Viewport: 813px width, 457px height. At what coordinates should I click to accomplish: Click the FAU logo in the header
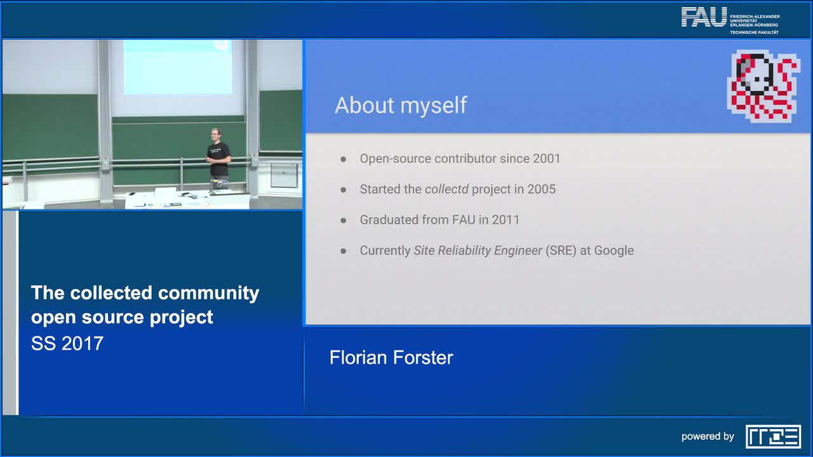click(704, 17)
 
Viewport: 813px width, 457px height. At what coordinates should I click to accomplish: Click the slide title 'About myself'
click(401, 105)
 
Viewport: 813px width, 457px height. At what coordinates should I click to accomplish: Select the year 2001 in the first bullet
click(546, 159)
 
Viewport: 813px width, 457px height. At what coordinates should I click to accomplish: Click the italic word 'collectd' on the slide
click(447, 189)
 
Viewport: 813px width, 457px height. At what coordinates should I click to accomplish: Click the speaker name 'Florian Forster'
click(391, 357)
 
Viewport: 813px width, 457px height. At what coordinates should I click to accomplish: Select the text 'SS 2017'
click(67, 343)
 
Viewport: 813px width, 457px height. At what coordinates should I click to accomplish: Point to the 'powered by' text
click(708, 437)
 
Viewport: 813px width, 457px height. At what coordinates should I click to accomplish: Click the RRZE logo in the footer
click(773, 437)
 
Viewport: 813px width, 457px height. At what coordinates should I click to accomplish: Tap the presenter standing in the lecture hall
click(218, 157)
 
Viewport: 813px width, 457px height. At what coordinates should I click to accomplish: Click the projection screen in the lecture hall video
click(178, 67)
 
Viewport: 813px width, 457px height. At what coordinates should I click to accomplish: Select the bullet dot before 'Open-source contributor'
click(344, 159)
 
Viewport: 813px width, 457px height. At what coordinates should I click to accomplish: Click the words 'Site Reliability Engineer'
click(478, 250)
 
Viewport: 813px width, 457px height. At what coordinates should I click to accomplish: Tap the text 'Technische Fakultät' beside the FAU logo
click(754, 32)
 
